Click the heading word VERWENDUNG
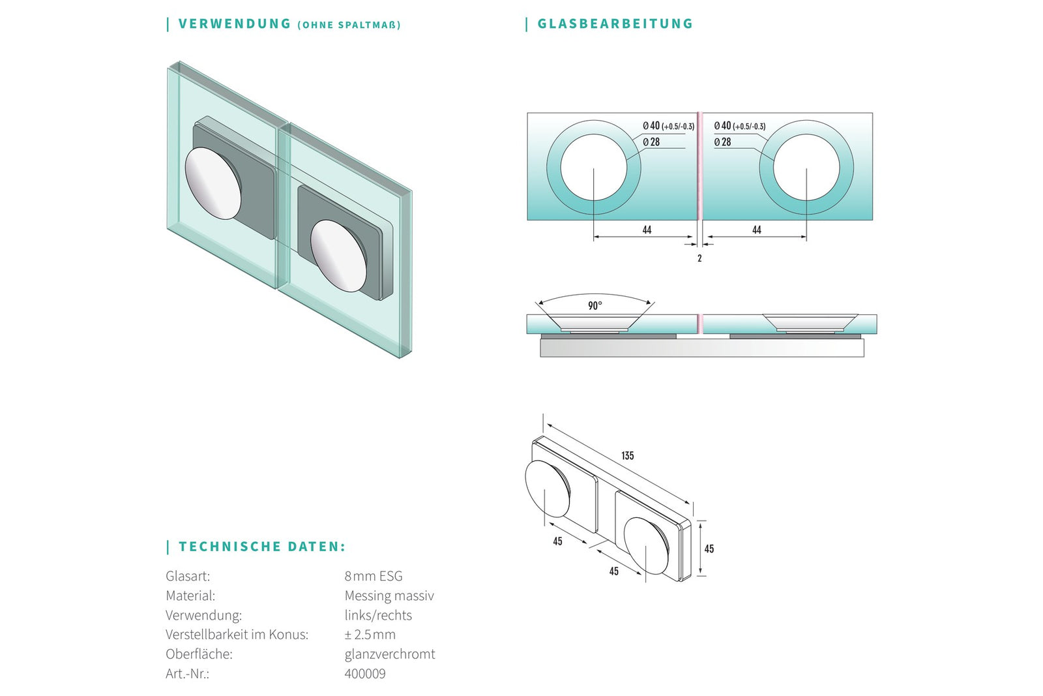(x=235, y=23)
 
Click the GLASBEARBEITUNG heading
(x=615, y=23)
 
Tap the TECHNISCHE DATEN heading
(x=262, y=547)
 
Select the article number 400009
(x=365, y=674)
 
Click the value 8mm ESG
(x=374, y=576)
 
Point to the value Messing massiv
(x=389, y=596)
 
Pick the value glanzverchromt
(x=390, y=654)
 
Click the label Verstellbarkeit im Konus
(x=237, y=635)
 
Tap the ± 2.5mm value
(x=370, y=635)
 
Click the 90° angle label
(x=595, y=306)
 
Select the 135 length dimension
(x=628, y=455)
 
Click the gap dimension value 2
(x=699, y=258)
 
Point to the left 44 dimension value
(x=647, y=230)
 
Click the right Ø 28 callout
(x=723, y=142)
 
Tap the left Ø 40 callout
(x=669, y=126)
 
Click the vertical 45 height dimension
(x=709, y=549)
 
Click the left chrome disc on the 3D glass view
(x=213, y=183)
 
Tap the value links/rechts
(x=378, y=615)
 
